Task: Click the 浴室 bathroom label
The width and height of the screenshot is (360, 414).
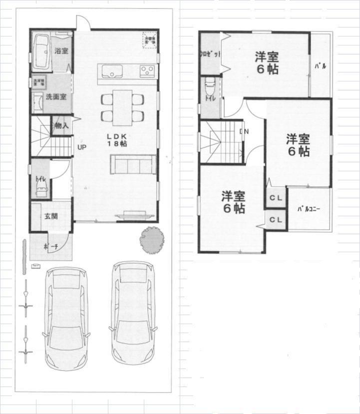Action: point(62,51)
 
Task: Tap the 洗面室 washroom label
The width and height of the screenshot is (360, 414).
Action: point(56,97)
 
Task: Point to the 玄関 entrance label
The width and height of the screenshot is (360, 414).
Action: point(50,216)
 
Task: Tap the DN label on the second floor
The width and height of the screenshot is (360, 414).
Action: point(244,132)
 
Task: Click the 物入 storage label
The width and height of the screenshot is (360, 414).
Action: point(61,126)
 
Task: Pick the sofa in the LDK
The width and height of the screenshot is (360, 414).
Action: point(133,164)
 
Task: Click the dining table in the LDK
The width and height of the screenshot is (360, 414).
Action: point(122,107)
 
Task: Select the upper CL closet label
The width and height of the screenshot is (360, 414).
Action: point(276,198)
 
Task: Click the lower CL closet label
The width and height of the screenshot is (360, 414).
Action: point(276,219)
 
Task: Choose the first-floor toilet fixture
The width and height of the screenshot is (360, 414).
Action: point(42,187)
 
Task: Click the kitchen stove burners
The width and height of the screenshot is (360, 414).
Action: point(147,70)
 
